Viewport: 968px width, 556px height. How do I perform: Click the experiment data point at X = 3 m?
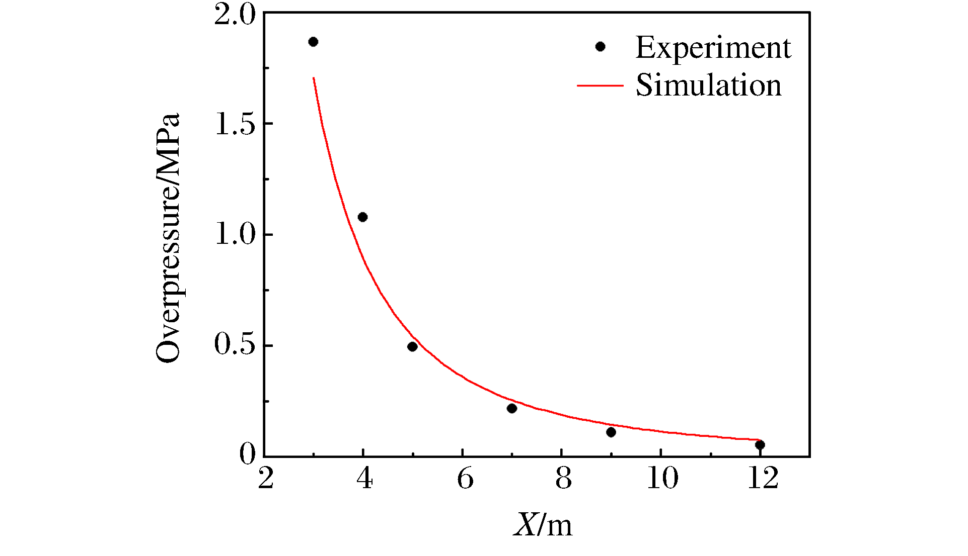[x=313, y=42]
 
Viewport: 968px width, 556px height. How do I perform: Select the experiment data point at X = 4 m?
[x=362, y=217]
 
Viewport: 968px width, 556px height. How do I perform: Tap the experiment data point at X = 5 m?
[x=412, y=346]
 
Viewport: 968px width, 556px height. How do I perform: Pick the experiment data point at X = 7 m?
[x=512, y=408]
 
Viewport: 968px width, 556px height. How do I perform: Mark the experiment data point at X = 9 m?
[x=611, y=432]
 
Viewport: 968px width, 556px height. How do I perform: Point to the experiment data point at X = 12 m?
[x=760, y=444]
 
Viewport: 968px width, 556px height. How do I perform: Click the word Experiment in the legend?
[x=713, y=48]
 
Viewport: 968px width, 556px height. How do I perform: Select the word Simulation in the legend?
[x=708, y=85]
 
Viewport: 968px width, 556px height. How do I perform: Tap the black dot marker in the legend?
[x=600, y=47]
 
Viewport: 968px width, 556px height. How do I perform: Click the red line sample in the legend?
[x=600, y=85]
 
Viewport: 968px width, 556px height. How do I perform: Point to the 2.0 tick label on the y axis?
[x=235, y=14]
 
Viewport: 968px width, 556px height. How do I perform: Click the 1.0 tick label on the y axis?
[x=235, y=234]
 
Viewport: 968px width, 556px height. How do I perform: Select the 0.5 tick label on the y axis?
[x=235, y=345]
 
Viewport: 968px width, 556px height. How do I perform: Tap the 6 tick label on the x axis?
[x=465, y=479]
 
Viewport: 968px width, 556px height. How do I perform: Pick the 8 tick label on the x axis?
[x=564, y=479]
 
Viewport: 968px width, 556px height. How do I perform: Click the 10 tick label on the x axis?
[x=662, y=479]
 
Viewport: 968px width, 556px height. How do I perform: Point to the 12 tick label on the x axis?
[x=763, y=479]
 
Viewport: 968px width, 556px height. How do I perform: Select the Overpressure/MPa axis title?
[x=168, y=237]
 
